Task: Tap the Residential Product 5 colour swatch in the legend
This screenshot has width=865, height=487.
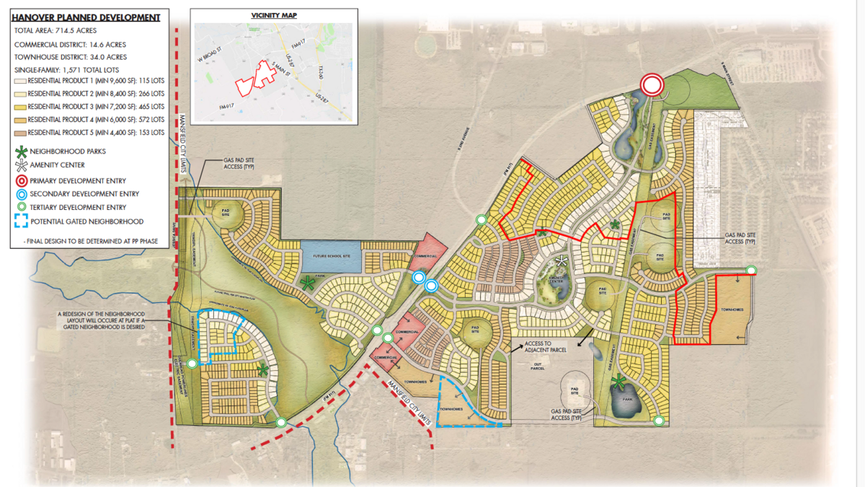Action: click(x=19, y=133)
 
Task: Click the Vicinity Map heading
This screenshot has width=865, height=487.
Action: click(x=274, y=15)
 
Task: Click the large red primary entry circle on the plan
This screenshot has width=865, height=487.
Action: click(x=652, y=85)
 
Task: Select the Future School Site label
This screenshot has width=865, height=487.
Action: click(x=331, y=256)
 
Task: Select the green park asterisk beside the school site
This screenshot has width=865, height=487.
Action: click(x=308, y=284)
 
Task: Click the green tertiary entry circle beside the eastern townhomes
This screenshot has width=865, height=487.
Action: click(x=751, y=271)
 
